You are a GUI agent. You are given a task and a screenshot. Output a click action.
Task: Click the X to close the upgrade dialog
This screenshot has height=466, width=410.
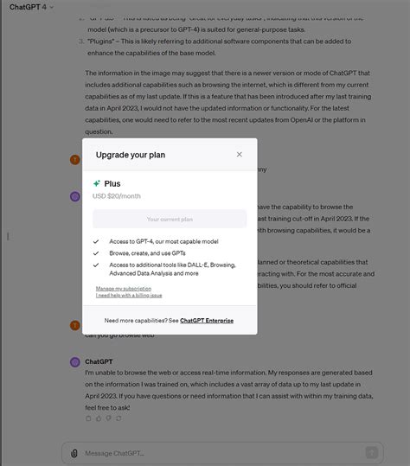pos(240,155)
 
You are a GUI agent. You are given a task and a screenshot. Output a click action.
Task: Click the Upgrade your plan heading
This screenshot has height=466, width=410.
pos(131,155)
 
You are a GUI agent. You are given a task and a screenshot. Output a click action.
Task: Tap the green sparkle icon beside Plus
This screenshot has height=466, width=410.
pos(97,183)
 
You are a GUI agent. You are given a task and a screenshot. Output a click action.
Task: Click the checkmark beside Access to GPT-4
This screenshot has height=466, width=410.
pos(96,242)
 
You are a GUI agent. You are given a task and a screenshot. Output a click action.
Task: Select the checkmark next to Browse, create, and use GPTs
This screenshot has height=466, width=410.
pos(96,252)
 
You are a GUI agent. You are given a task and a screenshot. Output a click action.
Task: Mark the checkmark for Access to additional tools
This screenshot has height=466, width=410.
pos(96,264)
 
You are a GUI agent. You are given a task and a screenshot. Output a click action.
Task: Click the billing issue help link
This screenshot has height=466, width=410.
pos(129,295)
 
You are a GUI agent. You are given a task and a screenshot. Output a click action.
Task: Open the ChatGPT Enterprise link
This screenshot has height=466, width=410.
pos(206,320)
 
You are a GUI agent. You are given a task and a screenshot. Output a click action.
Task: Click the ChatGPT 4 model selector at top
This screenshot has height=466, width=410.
pos(31,7)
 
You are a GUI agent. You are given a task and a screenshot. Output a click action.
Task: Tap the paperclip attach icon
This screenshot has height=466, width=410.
pos(74,452)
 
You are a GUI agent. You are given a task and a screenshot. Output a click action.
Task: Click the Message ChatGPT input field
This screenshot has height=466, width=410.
pos(216,452)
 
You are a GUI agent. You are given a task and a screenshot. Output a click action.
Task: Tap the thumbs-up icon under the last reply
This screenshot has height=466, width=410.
pos(99,418)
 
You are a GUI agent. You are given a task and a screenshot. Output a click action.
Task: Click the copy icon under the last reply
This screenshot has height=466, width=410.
pos(88,418)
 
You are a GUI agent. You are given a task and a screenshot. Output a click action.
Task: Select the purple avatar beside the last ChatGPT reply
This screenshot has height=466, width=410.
pos(74,361)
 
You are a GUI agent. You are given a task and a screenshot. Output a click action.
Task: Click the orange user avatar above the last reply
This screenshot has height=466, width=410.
pos(74,326)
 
